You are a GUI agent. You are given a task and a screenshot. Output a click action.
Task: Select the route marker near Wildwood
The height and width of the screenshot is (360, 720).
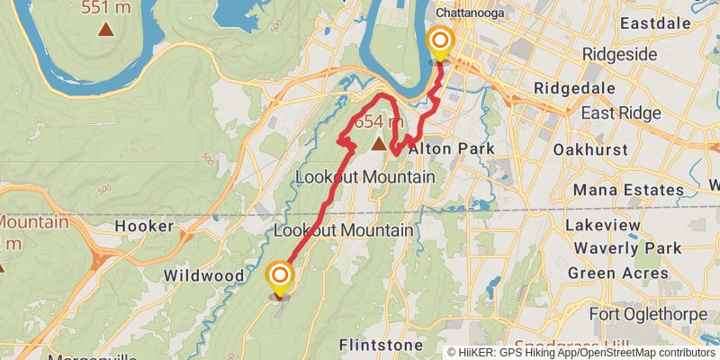(x=281, y=275)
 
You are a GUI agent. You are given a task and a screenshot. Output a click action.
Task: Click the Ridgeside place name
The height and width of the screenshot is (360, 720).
(x=620, y=54)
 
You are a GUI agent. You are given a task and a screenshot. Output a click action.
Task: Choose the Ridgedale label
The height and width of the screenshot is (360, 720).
(x=574, y=88)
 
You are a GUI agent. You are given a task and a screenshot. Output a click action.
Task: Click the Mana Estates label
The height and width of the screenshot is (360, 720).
(x=628, y=190)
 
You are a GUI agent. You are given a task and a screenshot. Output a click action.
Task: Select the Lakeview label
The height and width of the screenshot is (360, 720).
(x=603, y=225)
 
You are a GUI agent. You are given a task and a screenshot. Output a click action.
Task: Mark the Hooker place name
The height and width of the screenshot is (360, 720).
(x=143, y=227)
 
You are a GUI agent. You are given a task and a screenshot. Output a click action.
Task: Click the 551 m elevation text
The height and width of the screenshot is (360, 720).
(x=107, y=7)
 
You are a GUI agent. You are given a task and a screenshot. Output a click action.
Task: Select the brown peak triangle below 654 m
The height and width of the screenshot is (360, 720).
(x=379, y=144)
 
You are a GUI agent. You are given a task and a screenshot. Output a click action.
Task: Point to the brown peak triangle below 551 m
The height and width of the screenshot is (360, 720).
(x=106, y=29)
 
